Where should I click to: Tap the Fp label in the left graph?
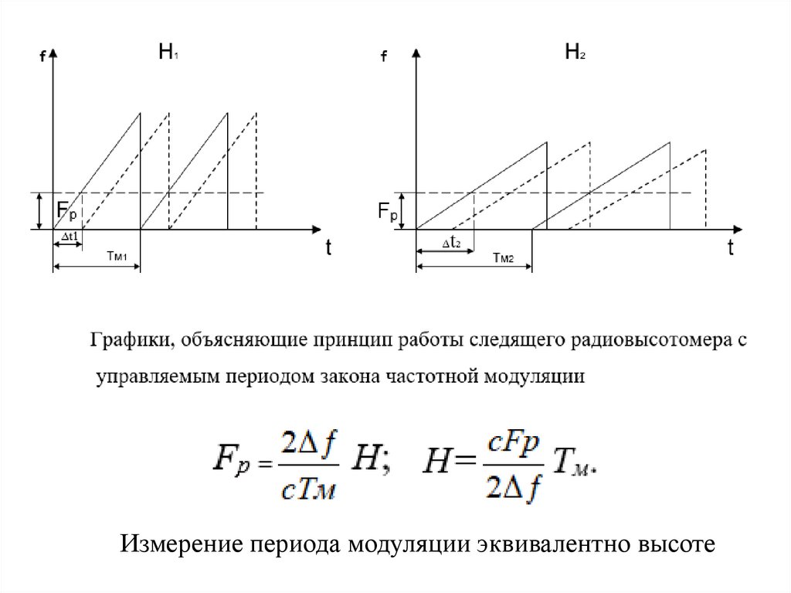67,211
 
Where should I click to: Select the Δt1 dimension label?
69,238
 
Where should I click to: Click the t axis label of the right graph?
730,249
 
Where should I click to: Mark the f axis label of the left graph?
41,56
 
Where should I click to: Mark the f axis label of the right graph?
383,56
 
